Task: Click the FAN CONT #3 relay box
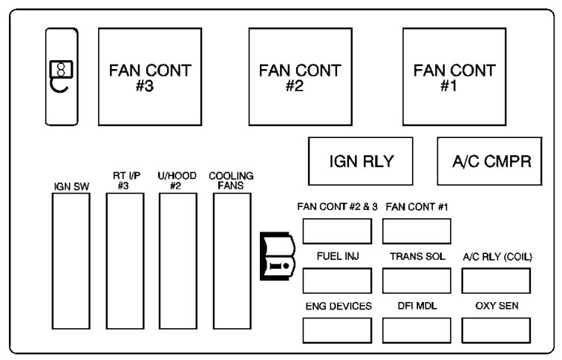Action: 149,77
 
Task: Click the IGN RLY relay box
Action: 361,161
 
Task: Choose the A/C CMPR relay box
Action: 491,161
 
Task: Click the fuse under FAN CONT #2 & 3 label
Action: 337,232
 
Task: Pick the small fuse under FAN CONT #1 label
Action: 416,232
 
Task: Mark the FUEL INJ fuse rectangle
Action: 337,281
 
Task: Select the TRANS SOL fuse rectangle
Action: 416,281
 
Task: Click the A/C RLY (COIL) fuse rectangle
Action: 496,281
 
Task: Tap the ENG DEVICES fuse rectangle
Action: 337,330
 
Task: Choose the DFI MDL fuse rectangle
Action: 416,330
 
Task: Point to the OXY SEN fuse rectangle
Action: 496,330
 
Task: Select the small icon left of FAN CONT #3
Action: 61,76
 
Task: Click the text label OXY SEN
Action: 496,306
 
